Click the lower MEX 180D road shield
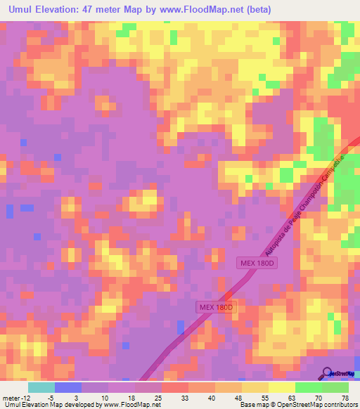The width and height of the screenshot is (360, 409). coord(214,308)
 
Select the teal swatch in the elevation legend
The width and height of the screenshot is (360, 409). coord(41,387)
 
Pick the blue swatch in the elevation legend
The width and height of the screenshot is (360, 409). coord(68,387)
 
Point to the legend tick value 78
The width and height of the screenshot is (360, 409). coord(345,397)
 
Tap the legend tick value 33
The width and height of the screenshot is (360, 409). coord(185,397)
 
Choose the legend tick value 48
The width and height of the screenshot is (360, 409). coord(238,397)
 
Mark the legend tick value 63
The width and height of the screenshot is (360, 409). coord(292,397)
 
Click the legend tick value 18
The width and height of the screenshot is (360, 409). coord(131,397)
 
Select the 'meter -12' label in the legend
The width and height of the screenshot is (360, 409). coord(15,397)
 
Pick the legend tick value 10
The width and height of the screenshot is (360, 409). coord(105,397)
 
